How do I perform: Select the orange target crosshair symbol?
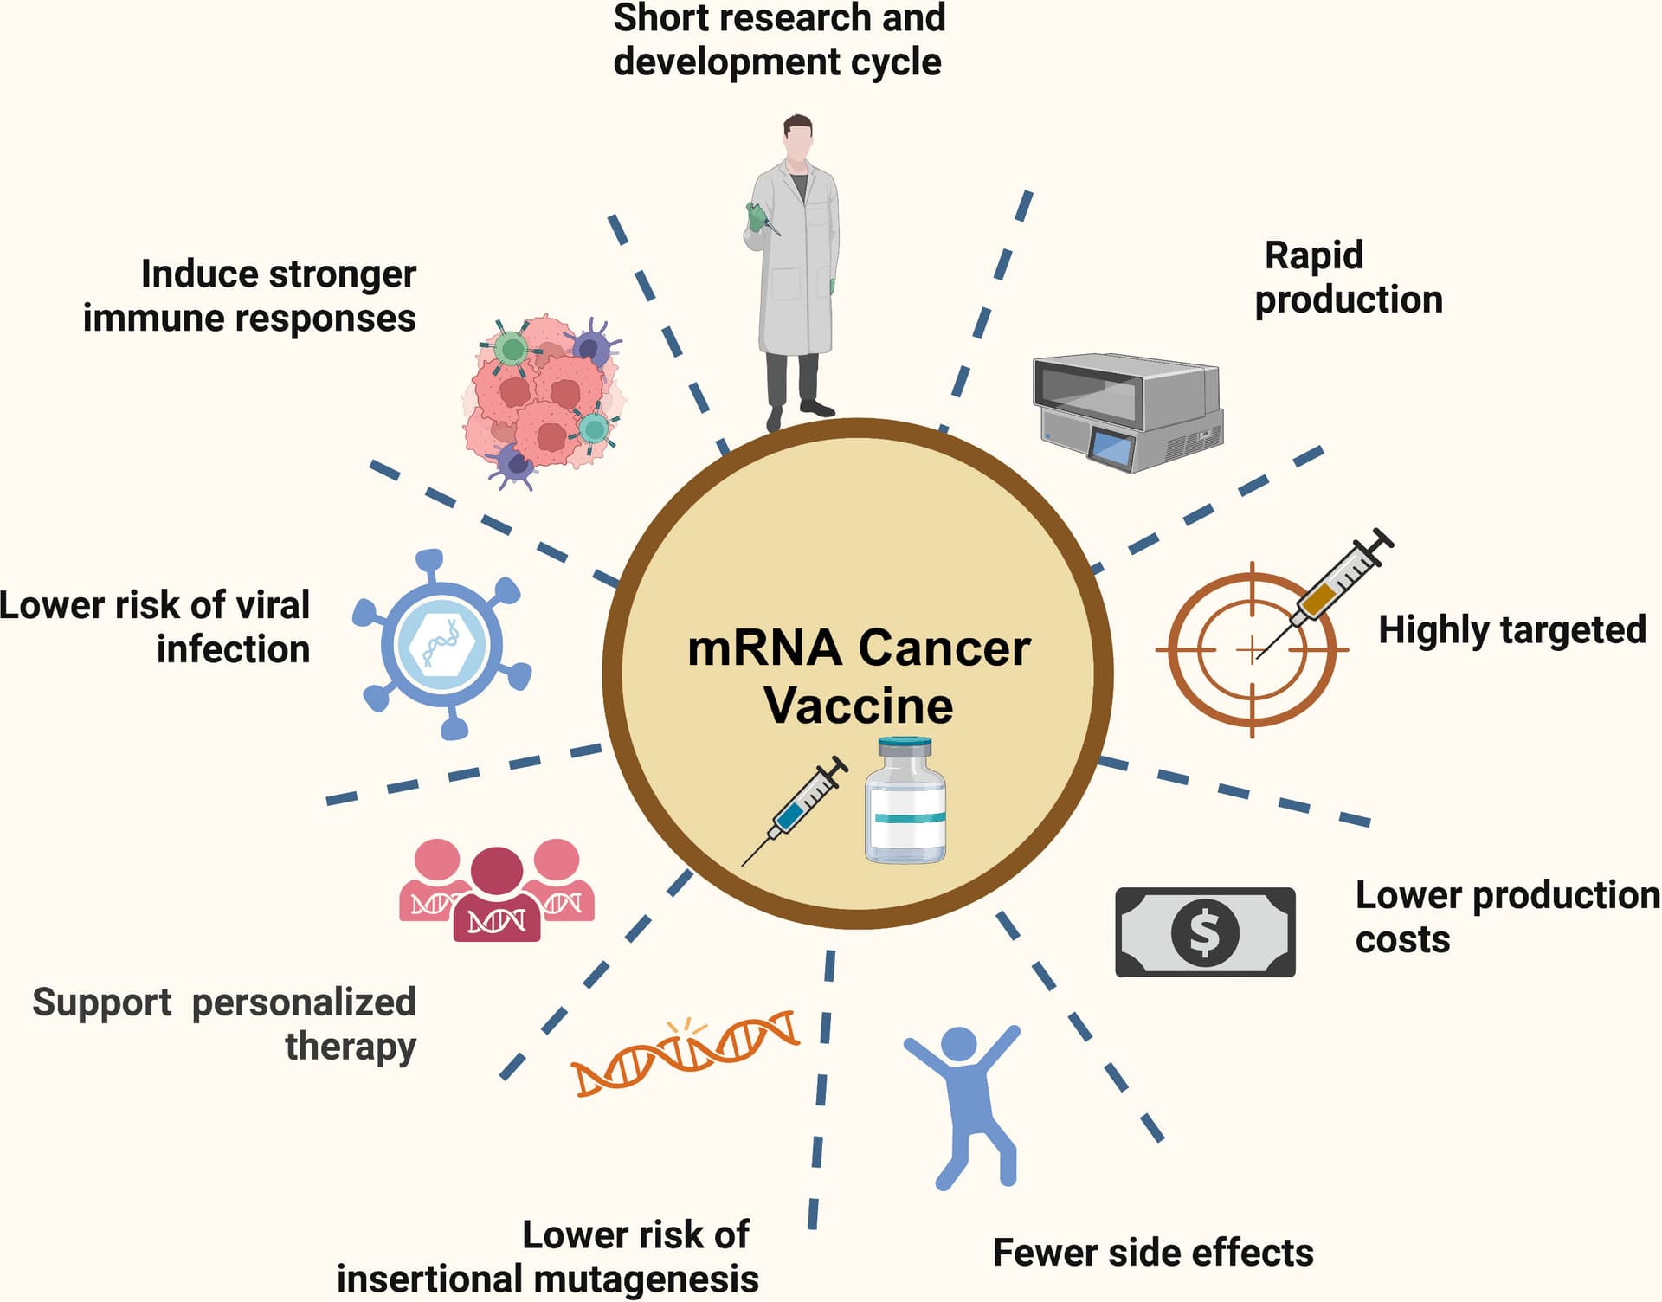tap(1251, 649)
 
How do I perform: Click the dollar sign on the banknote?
tap(1205, 932)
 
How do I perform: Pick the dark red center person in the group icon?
tap(497, 896)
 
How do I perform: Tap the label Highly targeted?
tap(1511, 629)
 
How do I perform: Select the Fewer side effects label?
tap(1152, 1253)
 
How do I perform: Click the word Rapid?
tap(1313, 255)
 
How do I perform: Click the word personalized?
tap(304, 1002)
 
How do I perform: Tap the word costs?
tap(1402, 939)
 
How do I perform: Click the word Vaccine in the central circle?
tap(858, 706)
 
